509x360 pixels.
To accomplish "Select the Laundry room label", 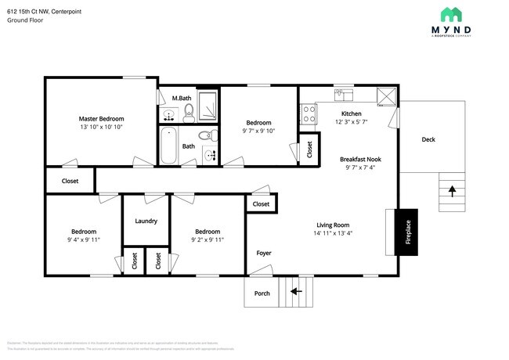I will [146, 221].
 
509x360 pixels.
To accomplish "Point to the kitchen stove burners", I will [309, 114].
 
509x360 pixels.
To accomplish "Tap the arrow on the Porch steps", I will [297, 292].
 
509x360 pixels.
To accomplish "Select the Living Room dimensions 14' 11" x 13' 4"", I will [338, 232].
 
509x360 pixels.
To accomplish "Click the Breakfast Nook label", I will [360, 159].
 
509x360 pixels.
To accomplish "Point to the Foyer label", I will [264, 253].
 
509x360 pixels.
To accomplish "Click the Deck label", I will [428, 140].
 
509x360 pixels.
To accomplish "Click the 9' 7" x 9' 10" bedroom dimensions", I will [258, 131].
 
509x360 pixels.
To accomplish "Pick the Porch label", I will [262, 293].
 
